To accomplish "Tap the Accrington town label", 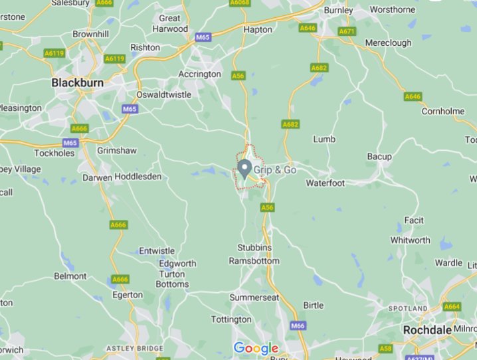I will click(199, 74).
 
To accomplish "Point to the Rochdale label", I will click(429, 330).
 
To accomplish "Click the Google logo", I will click(256, 348).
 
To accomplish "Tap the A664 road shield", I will click(452, 306).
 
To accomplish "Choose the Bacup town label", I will click(379, 157).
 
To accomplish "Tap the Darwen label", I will click(97, 177).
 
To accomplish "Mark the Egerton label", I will click(128, 294).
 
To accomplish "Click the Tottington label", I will click(231, 319).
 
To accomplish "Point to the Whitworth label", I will click(411, 240).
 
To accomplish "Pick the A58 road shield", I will click(386, 348).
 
